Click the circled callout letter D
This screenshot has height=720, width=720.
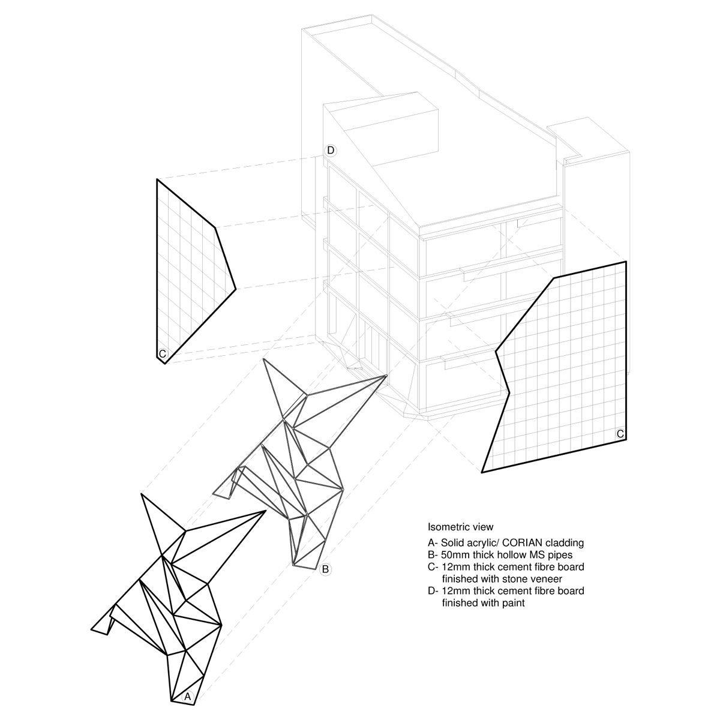[x=330, y=150]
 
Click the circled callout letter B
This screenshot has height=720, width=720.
[x=325, y=569]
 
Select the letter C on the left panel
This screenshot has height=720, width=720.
[x=162, y=354]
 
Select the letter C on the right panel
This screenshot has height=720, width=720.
[x=620, y=433]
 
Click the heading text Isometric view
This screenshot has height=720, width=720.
[x=460, y=527]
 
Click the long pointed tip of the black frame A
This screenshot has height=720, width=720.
[x=266, y=511]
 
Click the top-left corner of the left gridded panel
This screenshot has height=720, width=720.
[x=157, y=179]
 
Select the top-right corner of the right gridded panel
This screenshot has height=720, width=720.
[x=625, y=262]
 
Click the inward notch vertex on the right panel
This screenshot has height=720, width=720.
[x=509, y=394]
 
